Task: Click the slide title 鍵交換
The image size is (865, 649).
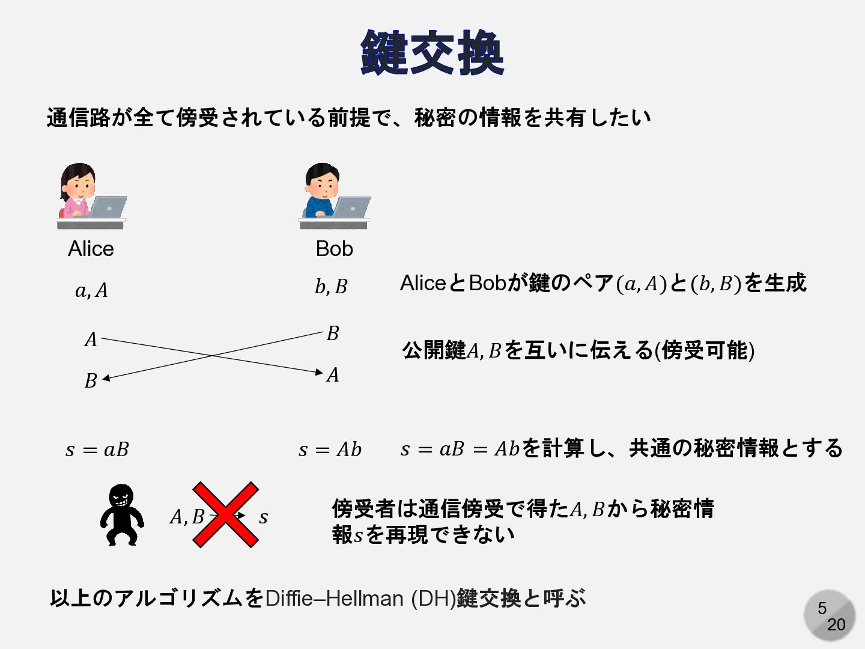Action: coord(432,53)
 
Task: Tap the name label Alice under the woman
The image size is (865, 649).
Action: coord(91,249)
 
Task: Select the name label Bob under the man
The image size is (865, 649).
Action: coord(334,249)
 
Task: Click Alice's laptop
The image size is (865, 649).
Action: coord(107,207)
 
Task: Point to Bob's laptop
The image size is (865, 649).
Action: coord(351,207)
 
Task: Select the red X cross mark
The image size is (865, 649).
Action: coord(225,514)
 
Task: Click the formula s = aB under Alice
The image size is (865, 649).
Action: coord(97,449)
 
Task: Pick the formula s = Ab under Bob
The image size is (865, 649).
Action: coord(330,449)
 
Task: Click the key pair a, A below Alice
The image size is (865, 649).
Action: coord(91,291)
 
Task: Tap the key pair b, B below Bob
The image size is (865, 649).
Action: coord(331,287)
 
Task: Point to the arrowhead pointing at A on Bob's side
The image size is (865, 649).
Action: coord(319,373)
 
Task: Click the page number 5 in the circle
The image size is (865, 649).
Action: coord(822,609)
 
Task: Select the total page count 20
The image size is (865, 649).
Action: coord(836,625)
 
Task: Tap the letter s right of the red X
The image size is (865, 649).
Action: coord(263,517)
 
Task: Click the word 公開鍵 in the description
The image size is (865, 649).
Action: coord(434,350)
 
